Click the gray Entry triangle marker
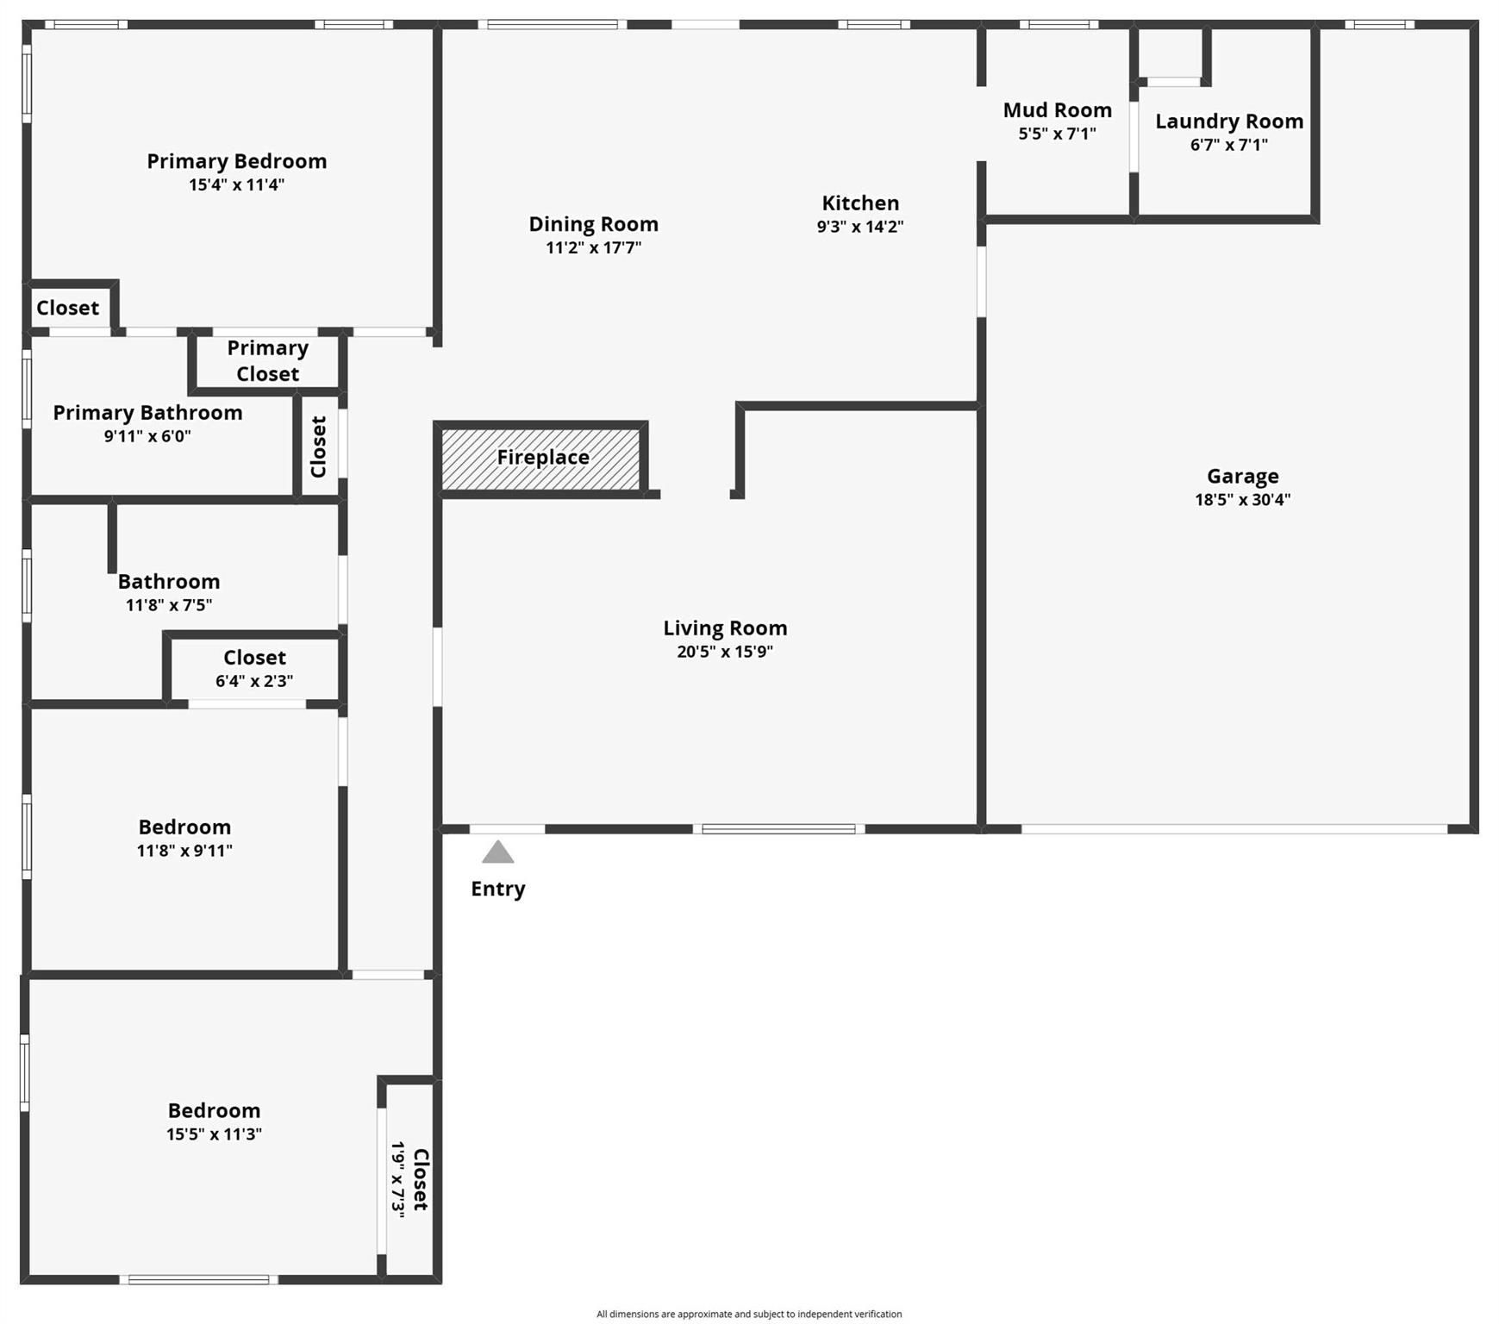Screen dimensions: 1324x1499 pyautogui.click(x=497, y=853)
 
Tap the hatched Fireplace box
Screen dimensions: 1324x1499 pyautogui.click(x=542, y=458)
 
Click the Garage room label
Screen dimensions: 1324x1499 pyautogui.click(x=1242, y=476)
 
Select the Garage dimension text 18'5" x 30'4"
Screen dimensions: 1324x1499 pyautogui.click(x=1242, y=500)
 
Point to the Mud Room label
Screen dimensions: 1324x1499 pyautogui.click(x=1057, y=110)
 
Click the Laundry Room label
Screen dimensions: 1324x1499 pyautogui.click(x=1228, y=122)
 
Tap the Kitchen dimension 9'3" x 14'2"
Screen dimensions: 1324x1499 pyautogui.click(x=859, y=227)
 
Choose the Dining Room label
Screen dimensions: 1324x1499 pyautogui.click(x=593, y=224)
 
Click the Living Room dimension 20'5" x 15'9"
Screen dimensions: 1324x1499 pyautogui.click(x=724, y=652)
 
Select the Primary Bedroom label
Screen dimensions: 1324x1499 pyautogui.click(x=236, y=161)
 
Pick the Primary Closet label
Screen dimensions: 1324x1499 pyautogui.click(x=267, y=361)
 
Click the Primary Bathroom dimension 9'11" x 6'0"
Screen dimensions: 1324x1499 pyautogui.click(x=147, y=436)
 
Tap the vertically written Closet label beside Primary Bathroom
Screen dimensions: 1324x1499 pyautogui.click(x=318, y=447)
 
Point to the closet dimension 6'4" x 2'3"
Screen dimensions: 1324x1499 pyautogui.click(x=254, y=681)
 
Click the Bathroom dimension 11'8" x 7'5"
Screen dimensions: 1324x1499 pyautogui.click(x=169, y=605)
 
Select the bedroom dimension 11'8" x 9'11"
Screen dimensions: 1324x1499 pyautogui.click(x=184, y=851)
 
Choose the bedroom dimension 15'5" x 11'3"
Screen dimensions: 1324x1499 pyautogui.click(x=214, y=1134)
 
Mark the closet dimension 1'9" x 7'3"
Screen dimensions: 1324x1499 pyautogui.click(x=397, y=1178)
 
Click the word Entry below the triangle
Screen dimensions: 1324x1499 pyautogui.click(x=497, y=889)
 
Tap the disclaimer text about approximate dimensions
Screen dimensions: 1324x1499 pyautogui.click(x=749, y=1314)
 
